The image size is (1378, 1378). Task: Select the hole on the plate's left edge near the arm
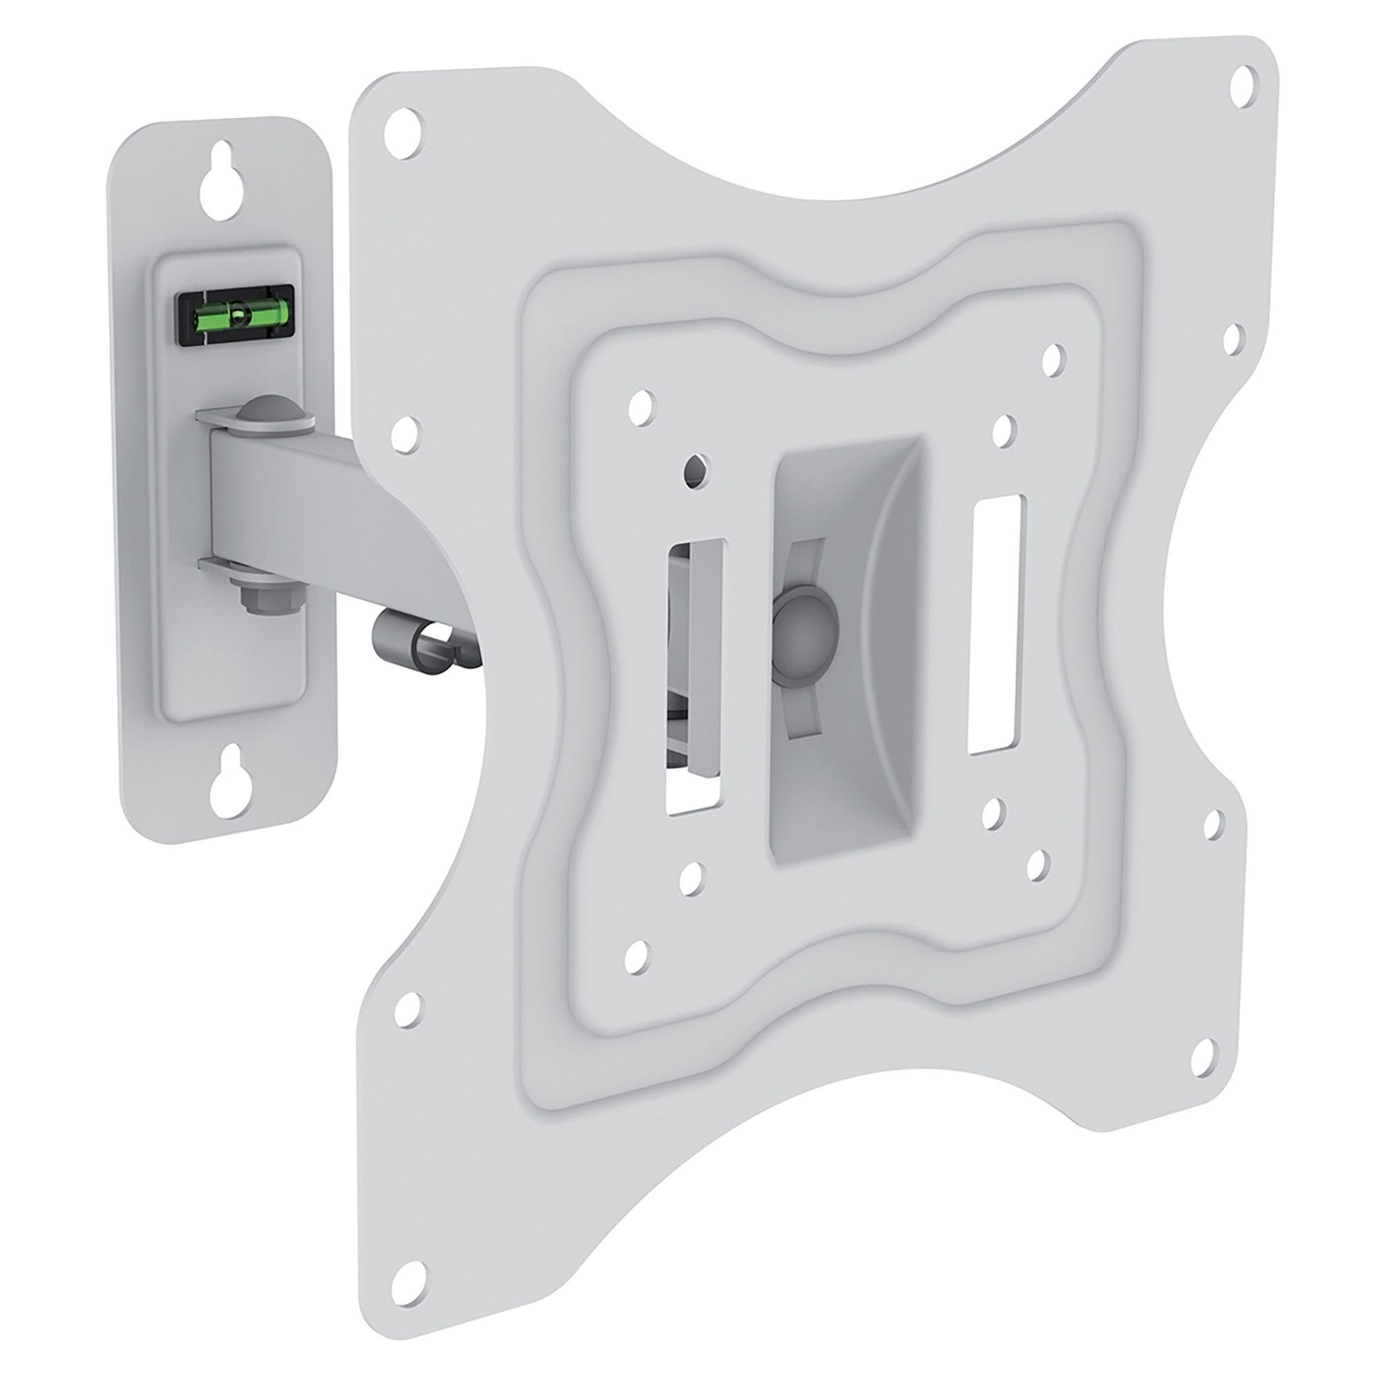(405, 430)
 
